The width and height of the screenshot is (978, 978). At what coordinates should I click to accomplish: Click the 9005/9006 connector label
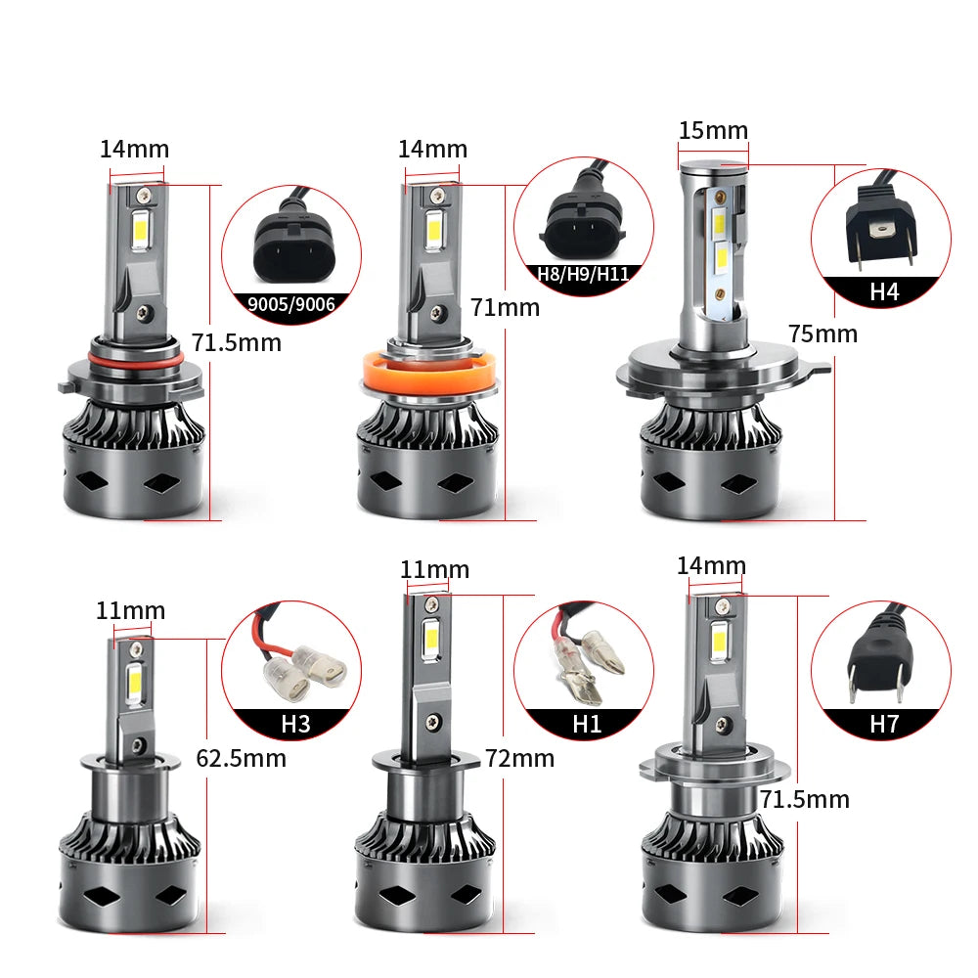tap(291, 304)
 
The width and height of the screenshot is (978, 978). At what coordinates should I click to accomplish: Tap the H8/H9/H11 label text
tap(583, 274)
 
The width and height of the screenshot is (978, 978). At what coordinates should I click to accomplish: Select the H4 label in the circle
tap(884, 291)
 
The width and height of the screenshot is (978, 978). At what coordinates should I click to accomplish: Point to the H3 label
tap(295, 724)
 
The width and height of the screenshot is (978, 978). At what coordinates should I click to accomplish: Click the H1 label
tap(586, 724)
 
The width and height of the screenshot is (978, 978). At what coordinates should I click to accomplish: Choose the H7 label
tap(884, 724)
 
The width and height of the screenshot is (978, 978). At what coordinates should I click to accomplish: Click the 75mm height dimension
tap(822, 333)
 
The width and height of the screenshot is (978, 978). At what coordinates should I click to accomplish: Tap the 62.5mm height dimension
tap(241, 759)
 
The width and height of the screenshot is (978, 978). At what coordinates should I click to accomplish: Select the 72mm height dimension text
tap(519, 759)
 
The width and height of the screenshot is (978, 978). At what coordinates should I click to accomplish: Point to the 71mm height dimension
tap(505, 307)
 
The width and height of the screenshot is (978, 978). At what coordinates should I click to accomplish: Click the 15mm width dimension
tap(713, 130)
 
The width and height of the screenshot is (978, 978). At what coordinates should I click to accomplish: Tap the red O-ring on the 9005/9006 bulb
tap(135, 358)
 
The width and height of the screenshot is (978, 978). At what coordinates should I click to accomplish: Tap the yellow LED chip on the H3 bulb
tap(133, 685)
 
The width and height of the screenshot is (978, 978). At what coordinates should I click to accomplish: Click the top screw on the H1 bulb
tap(429, 604)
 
